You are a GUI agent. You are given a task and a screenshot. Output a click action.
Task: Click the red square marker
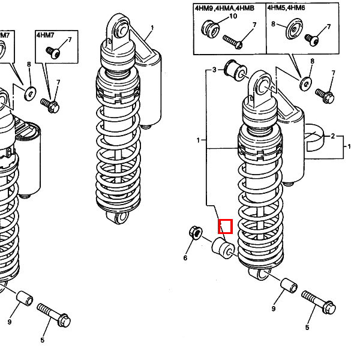point(225,226)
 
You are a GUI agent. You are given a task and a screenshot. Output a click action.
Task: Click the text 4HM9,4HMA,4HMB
point(224,8)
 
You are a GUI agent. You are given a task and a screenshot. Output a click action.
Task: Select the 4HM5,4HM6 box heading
point(286,8)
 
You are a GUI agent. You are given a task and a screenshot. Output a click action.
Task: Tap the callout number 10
point(233,16)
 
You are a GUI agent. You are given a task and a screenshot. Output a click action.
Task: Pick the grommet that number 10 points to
point(211,29)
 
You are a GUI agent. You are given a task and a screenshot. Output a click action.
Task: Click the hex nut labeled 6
point(196,233)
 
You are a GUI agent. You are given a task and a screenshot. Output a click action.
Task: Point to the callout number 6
point(185,258)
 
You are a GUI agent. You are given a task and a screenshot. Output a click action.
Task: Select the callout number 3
point(214,70)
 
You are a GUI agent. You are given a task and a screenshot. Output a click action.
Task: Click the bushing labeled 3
point(235,70)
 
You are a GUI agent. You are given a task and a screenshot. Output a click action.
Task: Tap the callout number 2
point(333,136)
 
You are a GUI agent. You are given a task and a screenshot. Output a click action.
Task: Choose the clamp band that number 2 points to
point(315,138)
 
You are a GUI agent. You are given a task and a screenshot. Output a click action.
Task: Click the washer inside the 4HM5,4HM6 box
point(293,29)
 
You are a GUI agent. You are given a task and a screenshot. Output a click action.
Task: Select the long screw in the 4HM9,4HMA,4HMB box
point(233,42)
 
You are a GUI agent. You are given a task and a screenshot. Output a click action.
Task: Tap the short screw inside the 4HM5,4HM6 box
point(312,40)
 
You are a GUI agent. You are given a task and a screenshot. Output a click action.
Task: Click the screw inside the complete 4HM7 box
point(53,53)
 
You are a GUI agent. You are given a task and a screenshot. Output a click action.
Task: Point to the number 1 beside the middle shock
point(152,28)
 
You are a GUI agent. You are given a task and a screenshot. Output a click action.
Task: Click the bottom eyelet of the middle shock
point(119,217)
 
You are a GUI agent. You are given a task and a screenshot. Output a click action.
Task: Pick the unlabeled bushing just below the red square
point(223,248)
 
